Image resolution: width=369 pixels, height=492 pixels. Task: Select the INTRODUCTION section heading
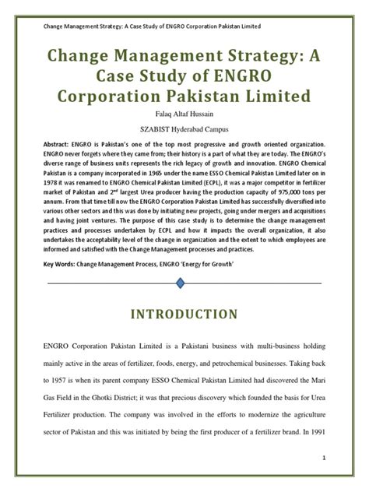click(184, 315)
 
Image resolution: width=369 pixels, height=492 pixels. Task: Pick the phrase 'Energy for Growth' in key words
click(225, 264)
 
